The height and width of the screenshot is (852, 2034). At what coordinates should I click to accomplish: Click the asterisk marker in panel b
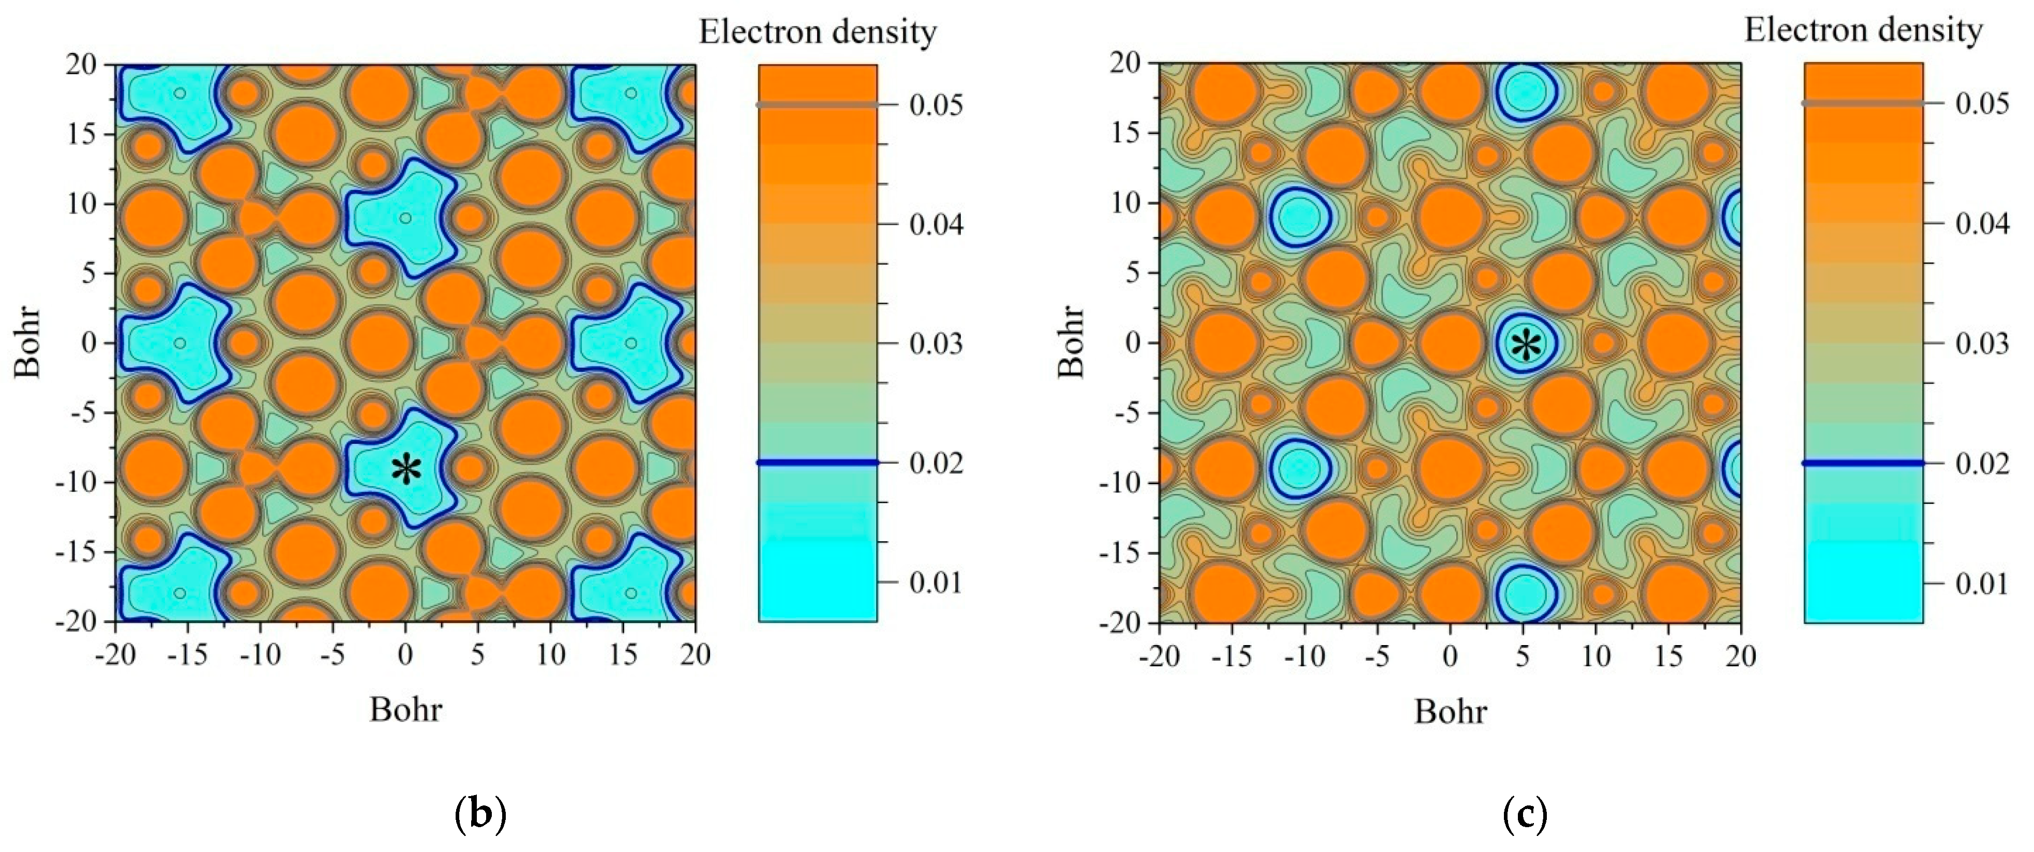pyautogui.click(x=406, y=470)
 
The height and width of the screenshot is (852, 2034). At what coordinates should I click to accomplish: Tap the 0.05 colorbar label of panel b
pyautogui.click(x=936, y=105)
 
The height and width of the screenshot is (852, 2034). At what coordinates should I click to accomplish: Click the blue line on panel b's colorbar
pyautogui.click(x=817, y=462)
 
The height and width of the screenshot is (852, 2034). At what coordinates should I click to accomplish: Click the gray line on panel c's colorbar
pyautogui.click(x=1863, y=103)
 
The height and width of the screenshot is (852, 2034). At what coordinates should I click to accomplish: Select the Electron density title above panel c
pyautogui.click(x=1863, y=30)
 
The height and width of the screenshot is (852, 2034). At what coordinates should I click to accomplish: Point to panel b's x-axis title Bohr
pyautogui.click(x=406, y=710)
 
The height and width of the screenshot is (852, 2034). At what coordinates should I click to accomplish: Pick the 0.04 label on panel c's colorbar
pyautogui.click(x=1982, y=223)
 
